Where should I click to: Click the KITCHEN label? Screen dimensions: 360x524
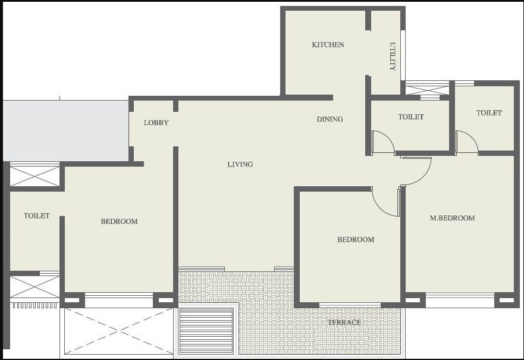tap(328, 45)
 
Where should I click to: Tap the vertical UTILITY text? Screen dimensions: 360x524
tap(393, 57)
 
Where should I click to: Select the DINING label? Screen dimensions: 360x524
tap(330, 120)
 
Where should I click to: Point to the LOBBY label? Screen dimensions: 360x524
tap(156, 123)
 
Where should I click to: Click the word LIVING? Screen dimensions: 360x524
tap(240, 165)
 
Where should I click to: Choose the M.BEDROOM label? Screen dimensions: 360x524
tap(452, 218)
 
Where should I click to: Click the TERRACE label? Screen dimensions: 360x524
tap(344, 323)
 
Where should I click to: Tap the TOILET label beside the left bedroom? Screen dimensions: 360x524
tap(37, 216)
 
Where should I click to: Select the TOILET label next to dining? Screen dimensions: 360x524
tap(411, 117)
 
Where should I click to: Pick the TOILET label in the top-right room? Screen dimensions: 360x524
tap(489, 113)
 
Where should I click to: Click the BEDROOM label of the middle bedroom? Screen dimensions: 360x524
tap(356, 240)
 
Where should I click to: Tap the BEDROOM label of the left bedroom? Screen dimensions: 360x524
tap(119, 221)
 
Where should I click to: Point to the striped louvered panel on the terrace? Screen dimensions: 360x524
tap(206, 331)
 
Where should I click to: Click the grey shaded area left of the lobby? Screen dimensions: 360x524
tap(65, 130)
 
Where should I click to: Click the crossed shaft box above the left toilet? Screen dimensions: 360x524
tap(34, 176)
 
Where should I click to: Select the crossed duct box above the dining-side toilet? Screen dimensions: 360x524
tap(427, 89)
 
